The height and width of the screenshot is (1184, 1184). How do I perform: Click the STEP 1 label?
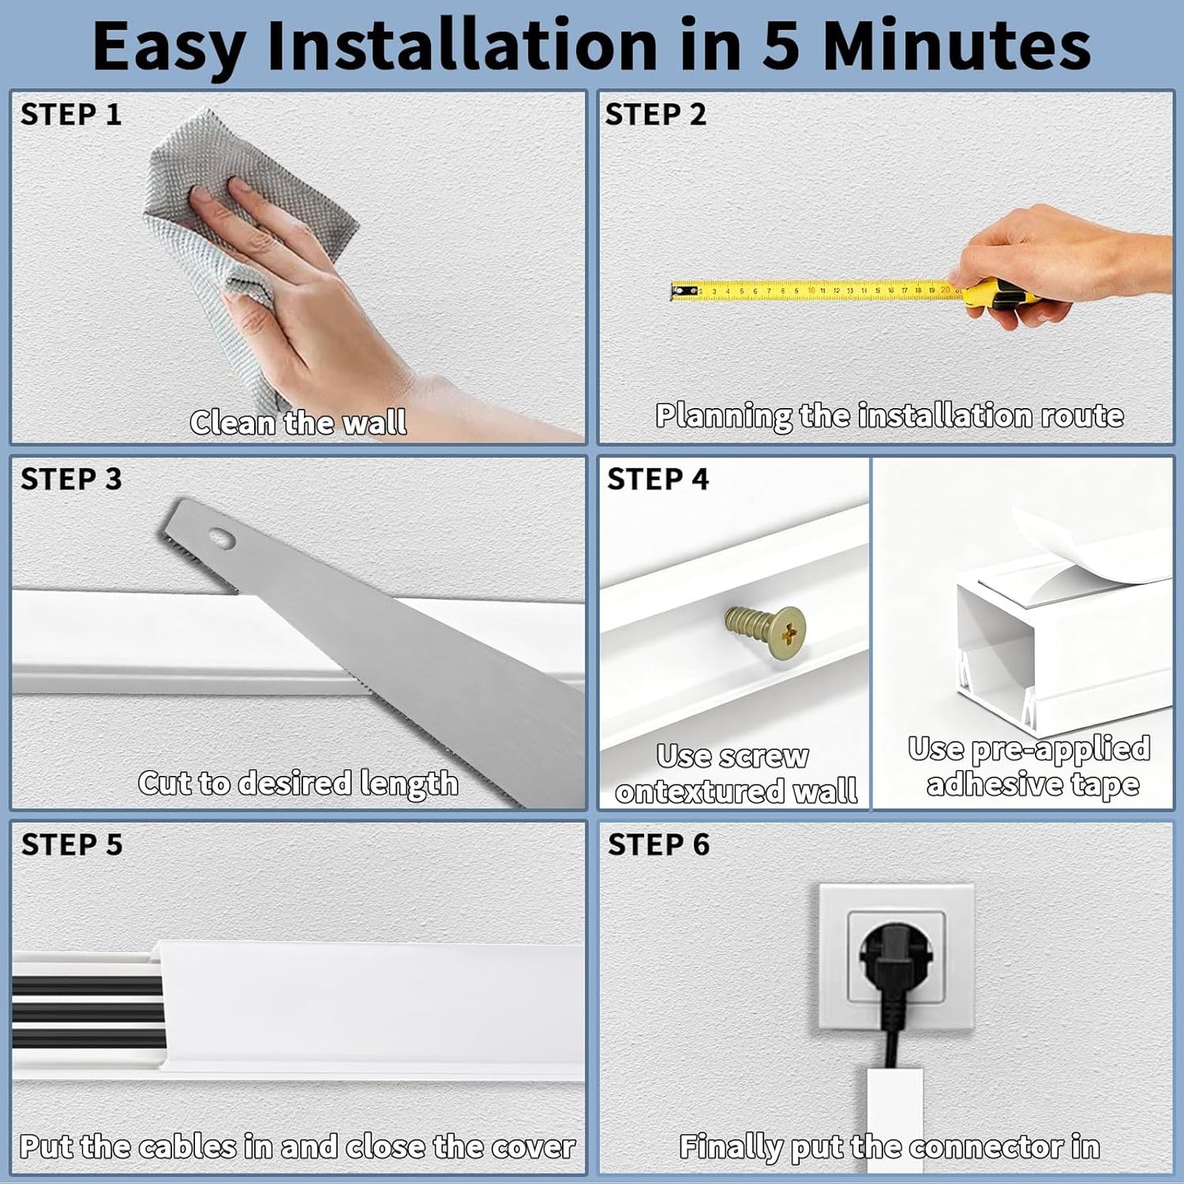71,115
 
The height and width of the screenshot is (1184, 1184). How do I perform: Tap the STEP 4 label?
658,479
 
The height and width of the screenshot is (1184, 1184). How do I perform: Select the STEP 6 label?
659,845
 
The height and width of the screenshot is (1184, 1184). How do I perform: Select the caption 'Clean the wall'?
298,423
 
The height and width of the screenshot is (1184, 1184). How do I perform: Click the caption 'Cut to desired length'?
298,783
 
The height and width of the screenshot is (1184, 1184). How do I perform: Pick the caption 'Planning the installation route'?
889,416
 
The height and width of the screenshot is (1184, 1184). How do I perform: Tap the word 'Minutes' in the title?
956,47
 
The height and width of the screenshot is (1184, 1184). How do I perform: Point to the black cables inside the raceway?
82,1000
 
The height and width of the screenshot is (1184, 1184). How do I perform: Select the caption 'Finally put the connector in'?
889,1147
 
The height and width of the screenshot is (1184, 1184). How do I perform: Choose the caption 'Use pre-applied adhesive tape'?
1030,767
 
